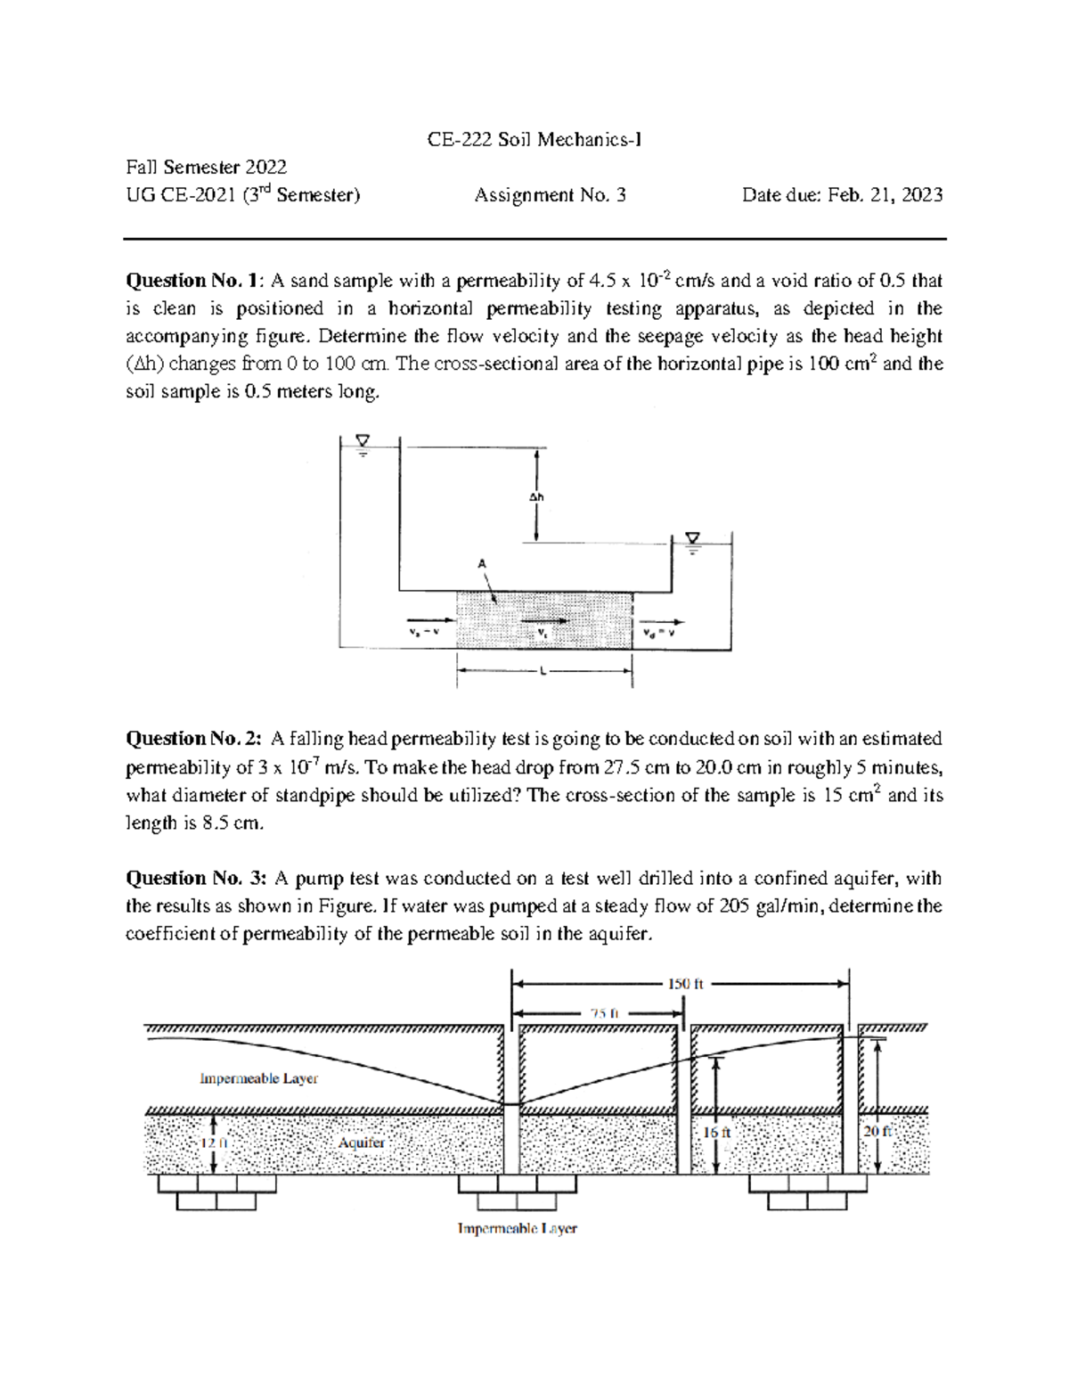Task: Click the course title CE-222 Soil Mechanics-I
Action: (534, 140)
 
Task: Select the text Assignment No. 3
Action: (550, 195)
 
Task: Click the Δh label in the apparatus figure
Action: (536, 497)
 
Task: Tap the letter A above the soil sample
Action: (482, 563)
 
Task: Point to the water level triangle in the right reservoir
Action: (692, 538)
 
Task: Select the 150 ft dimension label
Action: (685, 984)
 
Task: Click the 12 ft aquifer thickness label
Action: (213, 1142)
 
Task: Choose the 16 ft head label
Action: (716, 1132)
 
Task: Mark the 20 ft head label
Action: (877, 1131)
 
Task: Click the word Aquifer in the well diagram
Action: (362, 1142)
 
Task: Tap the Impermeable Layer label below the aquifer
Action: (517, 1228)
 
